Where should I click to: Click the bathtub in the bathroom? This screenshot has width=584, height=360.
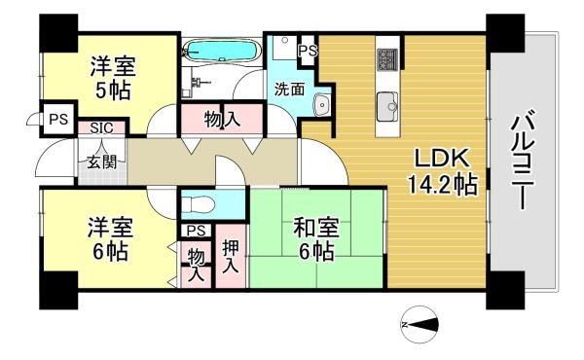pos(222,51)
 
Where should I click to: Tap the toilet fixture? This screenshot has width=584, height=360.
pos(198,204)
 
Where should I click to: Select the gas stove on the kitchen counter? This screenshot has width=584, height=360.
pos(387,59)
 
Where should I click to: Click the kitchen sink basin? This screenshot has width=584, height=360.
pos(387,107)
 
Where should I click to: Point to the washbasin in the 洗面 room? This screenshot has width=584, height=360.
pos(320,104)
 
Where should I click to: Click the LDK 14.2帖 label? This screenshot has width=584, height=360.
pos(443,171)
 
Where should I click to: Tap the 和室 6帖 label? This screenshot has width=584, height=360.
pos(316,239)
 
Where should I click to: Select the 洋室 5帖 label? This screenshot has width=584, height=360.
pos(113,78)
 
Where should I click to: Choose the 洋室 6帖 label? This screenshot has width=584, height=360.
pos(111,239)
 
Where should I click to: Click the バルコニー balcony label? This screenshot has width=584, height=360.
pos(523,160)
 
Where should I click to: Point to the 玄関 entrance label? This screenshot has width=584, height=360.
pos(101,162)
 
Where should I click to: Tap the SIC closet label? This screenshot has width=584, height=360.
pos(101,128)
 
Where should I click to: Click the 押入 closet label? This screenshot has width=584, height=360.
pos(231,256)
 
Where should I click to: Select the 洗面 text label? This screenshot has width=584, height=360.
pos(289,90)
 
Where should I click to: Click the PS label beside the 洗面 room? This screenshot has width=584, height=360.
pos(308,51)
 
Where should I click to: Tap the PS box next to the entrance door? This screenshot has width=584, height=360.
pos(58,119)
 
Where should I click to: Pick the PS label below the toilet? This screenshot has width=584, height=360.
pos(196,231)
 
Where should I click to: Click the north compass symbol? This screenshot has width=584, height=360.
pos(420,325)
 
